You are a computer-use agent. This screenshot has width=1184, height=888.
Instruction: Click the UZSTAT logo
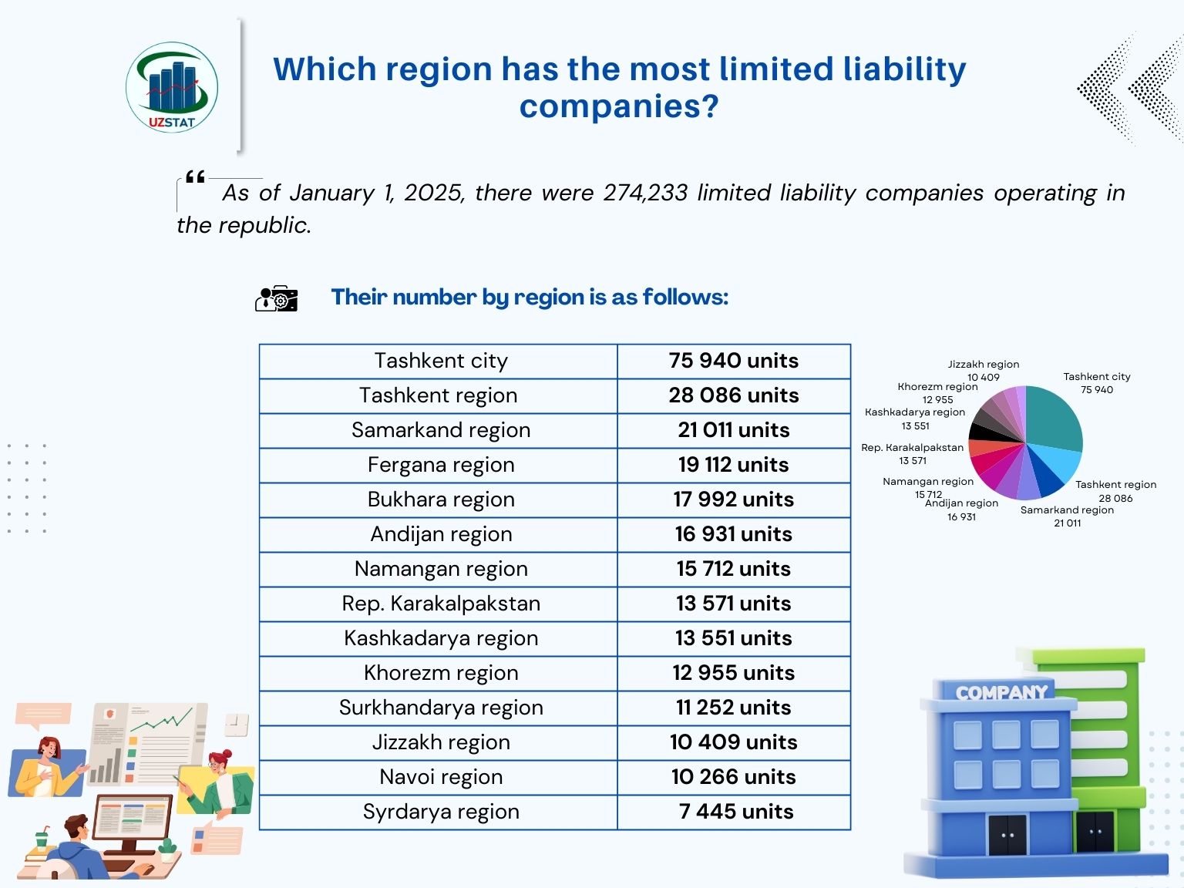[172, 87]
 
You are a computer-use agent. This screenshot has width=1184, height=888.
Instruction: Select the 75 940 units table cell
[733, 361]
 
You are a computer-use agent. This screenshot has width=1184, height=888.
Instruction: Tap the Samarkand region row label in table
[440, 430]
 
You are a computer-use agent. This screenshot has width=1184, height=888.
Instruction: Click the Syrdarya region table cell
[440, 812]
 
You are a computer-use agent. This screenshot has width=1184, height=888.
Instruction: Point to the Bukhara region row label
[440, 499]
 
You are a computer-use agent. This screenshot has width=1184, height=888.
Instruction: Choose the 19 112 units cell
[733, 465]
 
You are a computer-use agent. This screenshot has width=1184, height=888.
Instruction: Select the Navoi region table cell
[440, 777]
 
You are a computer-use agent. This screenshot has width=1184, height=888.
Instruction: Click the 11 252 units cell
[733, 708]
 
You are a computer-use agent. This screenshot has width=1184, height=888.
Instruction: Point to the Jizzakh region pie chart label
[983, 365]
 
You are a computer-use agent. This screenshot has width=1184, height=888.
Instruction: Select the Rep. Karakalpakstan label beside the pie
[913, 448]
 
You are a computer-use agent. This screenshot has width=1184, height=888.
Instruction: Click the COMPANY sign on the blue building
[1001, 692]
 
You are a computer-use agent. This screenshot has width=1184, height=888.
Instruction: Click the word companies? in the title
[619, 106]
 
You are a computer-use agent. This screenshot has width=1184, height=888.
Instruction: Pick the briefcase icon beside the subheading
[276, 298]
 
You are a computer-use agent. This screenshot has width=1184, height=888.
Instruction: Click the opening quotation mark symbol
[195, 178]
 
